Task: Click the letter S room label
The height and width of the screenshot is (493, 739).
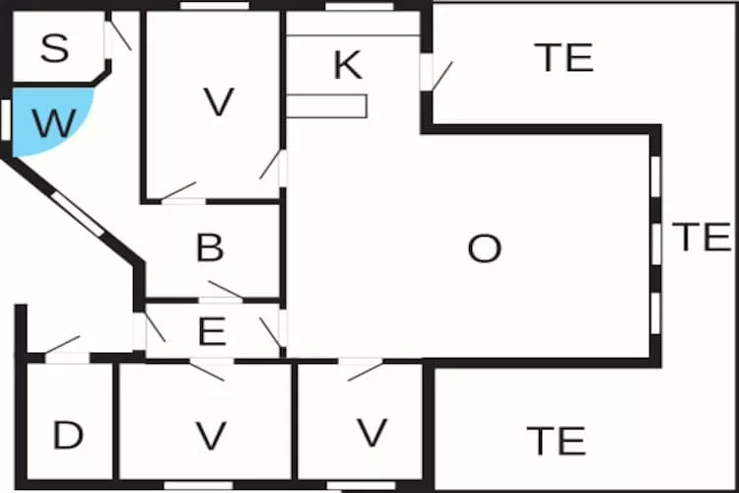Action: click(54, 48)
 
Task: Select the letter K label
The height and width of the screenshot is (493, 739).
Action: click(348, 65)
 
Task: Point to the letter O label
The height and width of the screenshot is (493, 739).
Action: click(484, 248)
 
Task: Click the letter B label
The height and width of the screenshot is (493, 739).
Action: click(210, 247)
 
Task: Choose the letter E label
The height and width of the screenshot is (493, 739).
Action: click(212, 331)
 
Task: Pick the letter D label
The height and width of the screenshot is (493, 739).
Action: click(68, 435)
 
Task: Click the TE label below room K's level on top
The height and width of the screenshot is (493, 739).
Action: click(565, 57)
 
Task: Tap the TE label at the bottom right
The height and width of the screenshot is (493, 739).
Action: click(556, 441)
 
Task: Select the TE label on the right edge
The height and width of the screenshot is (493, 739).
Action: click(702, 237)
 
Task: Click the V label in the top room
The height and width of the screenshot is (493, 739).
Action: click(218, 102)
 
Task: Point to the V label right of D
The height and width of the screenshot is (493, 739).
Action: click(211, 436)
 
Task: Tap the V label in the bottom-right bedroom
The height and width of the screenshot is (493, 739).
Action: click(372, 432)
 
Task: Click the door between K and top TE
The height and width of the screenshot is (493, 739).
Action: click(436, 73)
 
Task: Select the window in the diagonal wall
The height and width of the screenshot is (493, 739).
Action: click(77, 214)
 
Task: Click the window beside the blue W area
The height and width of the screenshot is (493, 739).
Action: click(6, 120)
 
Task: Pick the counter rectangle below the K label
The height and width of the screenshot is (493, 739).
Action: click(326, 106)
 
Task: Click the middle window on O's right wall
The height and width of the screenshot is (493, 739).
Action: click(656, 244)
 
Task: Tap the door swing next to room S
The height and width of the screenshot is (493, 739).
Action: click(118, 33)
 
